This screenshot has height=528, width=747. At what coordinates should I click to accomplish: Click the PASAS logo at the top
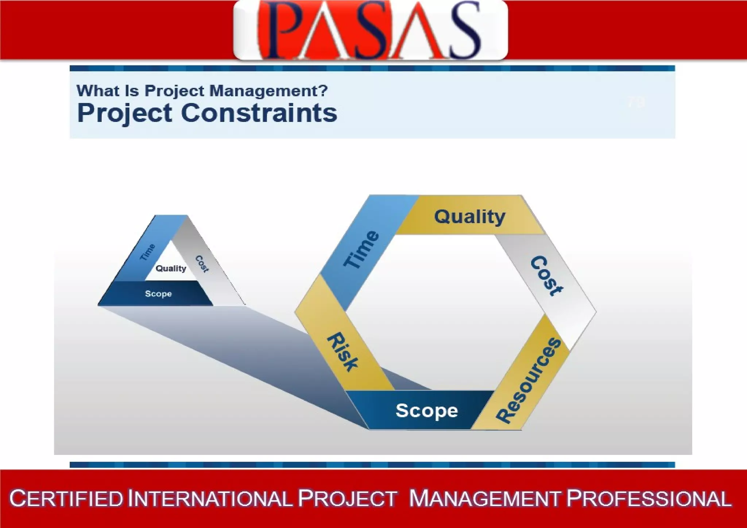point(370,30)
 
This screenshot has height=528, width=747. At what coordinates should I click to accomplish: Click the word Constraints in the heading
point(259,113)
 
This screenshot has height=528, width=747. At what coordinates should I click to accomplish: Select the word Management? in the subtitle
point(269,90)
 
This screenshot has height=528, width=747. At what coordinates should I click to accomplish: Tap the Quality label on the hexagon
point(470,217)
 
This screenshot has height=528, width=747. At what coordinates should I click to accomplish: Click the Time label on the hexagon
point(361,250)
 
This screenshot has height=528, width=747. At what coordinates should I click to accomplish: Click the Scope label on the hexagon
point(427,411)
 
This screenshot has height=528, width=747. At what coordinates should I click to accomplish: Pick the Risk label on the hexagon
point(342,352)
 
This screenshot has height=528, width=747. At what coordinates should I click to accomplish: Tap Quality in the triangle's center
point(171,269)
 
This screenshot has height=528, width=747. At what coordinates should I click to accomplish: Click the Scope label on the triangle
point(158,294)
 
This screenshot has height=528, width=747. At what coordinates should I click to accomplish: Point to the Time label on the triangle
point(148,252)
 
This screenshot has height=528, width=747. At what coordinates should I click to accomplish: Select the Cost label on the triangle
point(202,264)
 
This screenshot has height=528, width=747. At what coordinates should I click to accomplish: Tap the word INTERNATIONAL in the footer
point(210,498)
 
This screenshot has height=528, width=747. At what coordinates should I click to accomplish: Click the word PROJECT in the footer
point(347,498)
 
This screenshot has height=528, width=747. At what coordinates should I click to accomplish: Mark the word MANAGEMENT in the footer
point(484,498)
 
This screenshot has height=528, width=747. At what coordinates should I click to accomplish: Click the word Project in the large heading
point(125,113)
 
